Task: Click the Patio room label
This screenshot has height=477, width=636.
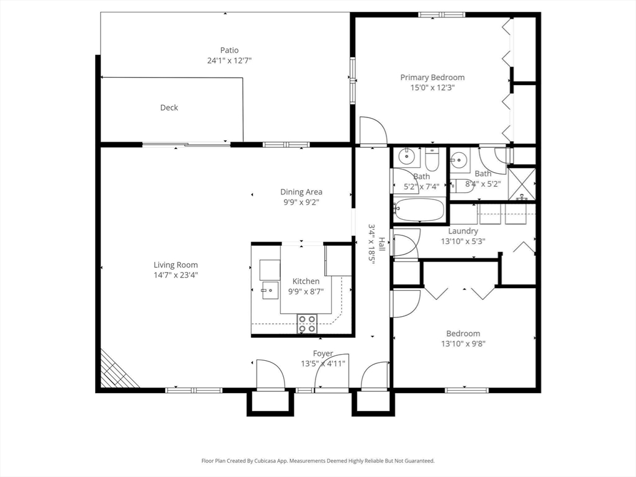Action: (229, 50)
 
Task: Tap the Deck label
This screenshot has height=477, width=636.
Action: (169, 107)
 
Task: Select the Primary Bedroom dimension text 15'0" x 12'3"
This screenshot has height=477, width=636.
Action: (432, 88)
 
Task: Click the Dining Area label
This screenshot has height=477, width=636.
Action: (301, 192)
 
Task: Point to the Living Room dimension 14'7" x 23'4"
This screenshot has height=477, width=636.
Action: (176, 275)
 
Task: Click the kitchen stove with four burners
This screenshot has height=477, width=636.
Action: (307, 323)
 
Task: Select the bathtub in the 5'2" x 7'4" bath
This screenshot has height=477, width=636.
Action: (419, 211)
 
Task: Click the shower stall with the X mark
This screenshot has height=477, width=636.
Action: (522, 184)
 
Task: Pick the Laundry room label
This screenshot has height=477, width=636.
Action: (463, 231)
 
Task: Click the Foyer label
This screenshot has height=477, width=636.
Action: (323, 353)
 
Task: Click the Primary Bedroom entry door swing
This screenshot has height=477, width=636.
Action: (373, 132)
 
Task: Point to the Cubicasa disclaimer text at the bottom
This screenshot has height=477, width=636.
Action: (318, 461)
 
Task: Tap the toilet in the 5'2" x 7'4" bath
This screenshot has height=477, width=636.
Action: (432, 160)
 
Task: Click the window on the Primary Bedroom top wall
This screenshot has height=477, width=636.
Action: (441, 14)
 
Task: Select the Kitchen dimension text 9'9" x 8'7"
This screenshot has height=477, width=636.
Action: (306, 291)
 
